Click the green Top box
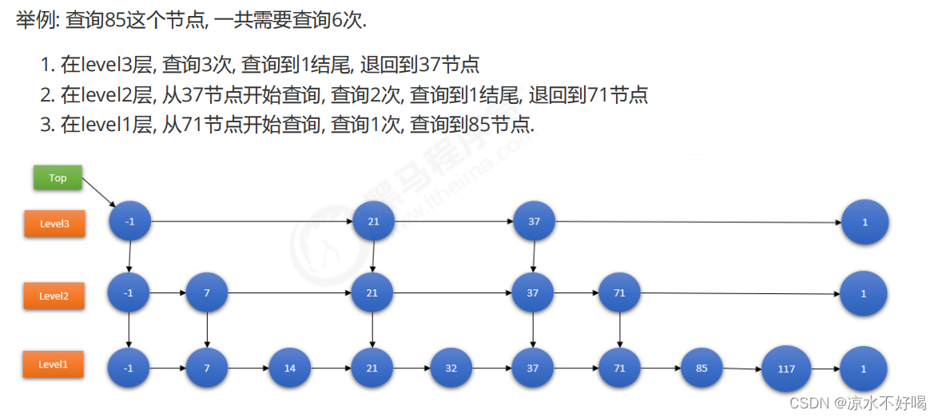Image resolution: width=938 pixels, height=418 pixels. [58, 177]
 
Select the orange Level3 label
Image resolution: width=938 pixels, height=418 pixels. [55, 224]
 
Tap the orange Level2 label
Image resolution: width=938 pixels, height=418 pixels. [54, 296]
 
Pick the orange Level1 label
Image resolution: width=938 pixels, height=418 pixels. [54, 364]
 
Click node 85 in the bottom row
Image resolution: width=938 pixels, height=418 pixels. [702, 368]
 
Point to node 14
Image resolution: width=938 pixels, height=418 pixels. [290, 369]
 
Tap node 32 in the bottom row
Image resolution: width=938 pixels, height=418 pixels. [451, 369]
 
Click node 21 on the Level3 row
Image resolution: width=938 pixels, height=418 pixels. [373, 221]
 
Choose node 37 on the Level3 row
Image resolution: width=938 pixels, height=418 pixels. [534, 221]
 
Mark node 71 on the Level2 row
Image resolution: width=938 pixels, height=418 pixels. [619, 293]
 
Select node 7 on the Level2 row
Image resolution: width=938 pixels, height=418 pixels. [207, 293]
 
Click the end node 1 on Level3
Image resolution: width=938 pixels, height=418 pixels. [864, 222]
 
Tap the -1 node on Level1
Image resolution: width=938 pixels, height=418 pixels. [129, 369]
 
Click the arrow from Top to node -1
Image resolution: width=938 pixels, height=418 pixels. [99, 193]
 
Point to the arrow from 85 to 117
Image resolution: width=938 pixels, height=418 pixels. [741, 369]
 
